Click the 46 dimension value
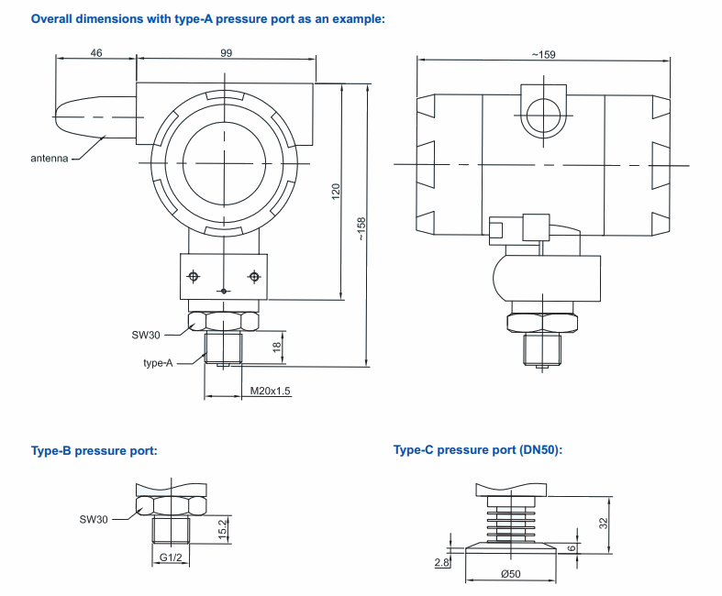[96, 54]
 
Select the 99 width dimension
[226, 54]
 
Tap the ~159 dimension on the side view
[543, 55]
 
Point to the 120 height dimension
[336, 192]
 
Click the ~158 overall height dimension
[361, 227]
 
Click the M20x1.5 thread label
[271, 392]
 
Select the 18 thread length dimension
[276, 347]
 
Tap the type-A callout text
[158, 363]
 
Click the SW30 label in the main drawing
[146, 334]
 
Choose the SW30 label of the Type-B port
[94, 520]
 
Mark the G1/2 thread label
[172, 557]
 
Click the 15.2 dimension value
[224, 528]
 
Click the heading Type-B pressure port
[94, 450]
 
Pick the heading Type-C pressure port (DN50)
[477, 450]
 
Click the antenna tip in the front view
[60, 117]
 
